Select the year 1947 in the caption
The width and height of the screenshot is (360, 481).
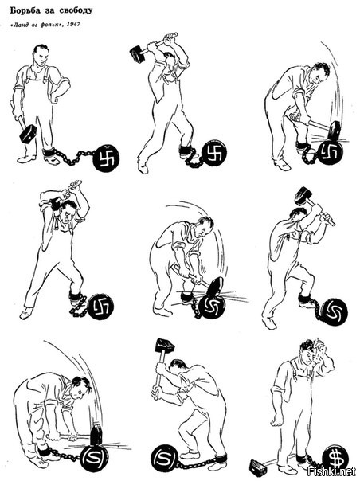click(x=73, y=24)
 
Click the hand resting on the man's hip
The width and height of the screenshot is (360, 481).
click(x=55, y=97)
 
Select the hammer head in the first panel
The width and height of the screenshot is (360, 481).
click(x=27, y=133)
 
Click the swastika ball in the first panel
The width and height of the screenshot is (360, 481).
click(x=107, y=158)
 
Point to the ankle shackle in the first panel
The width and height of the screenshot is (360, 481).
click(x=49, y=152)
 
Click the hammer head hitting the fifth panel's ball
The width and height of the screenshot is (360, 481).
click(x=217, y=287)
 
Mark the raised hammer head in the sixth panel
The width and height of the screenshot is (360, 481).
click(x=303, y=196)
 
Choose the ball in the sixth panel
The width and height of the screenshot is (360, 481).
click(x=334, y=312)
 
